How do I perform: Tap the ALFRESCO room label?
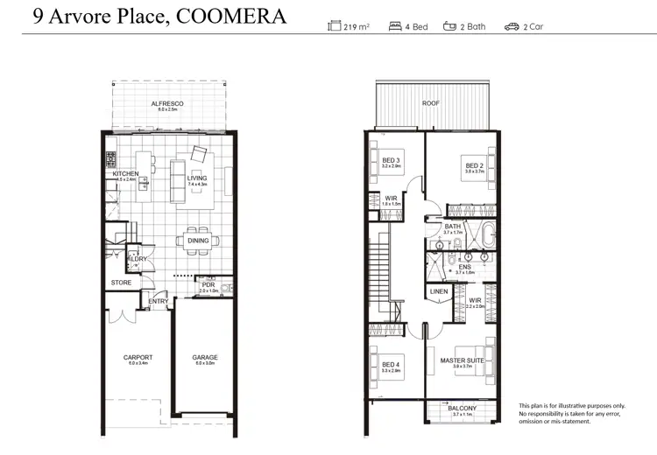[167, 103]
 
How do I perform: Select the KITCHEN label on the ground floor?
[125, 174]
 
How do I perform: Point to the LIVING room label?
[197, 178]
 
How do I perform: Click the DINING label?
[198, 241]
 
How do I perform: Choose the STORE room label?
[121, 283]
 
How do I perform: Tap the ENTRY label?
[159, 302]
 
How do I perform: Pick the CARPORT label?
[138, 357]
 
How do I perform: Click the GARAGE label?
[205, 357]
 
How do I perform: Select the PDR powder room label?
[208, 284]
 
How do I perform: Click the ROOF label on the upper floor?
[431, 103]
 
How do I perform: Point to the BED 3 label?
[391, 160]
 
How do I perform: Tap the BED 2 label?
[474, 166]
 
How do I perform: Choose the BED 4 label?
[391, 365]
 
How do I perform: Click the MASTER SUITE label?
[462, 360]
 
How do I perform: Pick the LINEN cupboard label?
[439, 291]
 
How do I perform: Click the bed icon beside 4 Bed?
[396, 26]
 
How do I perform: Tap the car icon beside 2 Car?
[512, 26]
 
